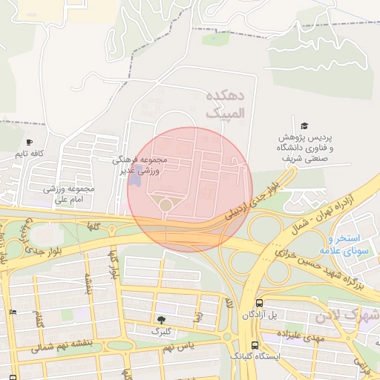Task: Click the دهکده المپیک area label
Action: click(x=227, y=105)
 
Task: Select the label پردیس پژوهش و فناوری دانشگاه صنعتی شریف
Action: click(x=305, y=148)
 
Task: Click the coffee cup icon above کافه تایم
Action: click(x=29, y=142)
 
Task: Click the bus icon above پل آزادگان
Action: click(x=259, y=303)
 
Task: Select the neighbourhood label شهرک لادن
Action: click(x=347, y=316)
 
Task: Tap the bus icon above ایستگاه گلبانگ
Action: click(x=255, y=345)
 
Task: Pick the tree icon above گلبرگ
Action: click(x=162, y=319)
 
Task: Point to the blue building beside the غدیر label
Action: click(x=134, y=179)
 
